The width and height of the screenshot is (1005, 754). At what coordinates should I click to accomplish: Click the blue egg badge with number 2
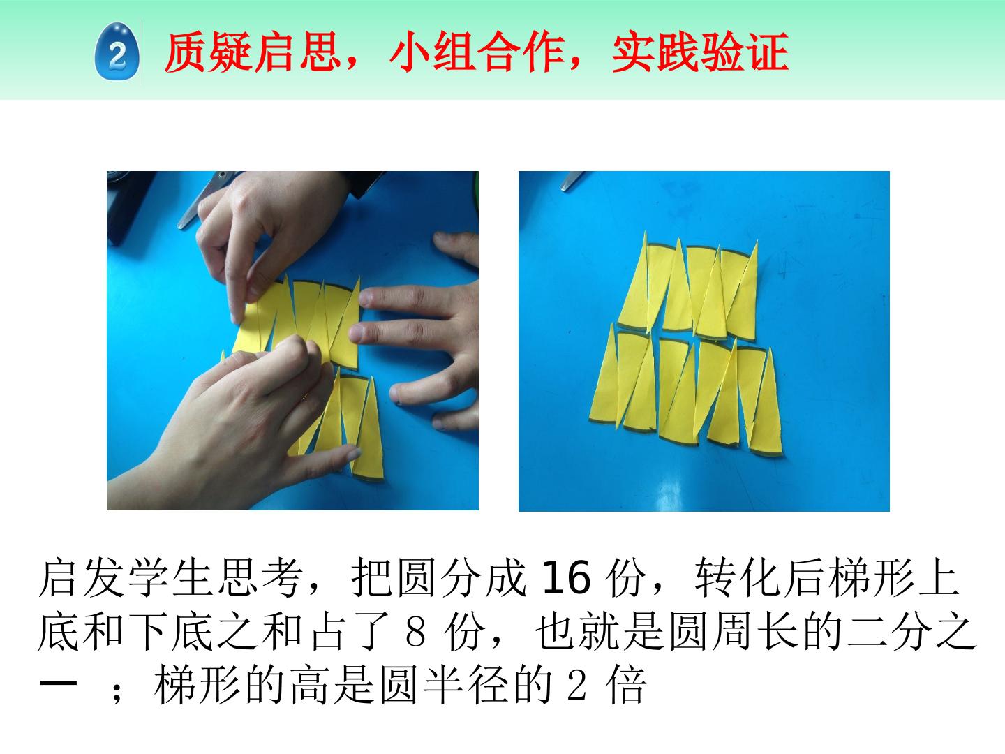pos(117,51)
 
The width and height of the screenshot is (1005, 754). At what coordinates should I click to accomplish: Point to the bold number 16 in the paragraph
pos(566,578)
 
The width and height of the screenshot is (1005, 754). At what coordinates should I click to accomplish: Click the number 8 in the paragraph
pos(415,633)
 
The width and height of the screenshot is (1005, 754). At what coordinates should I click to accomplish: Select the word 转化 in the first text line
pos(737,578)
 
